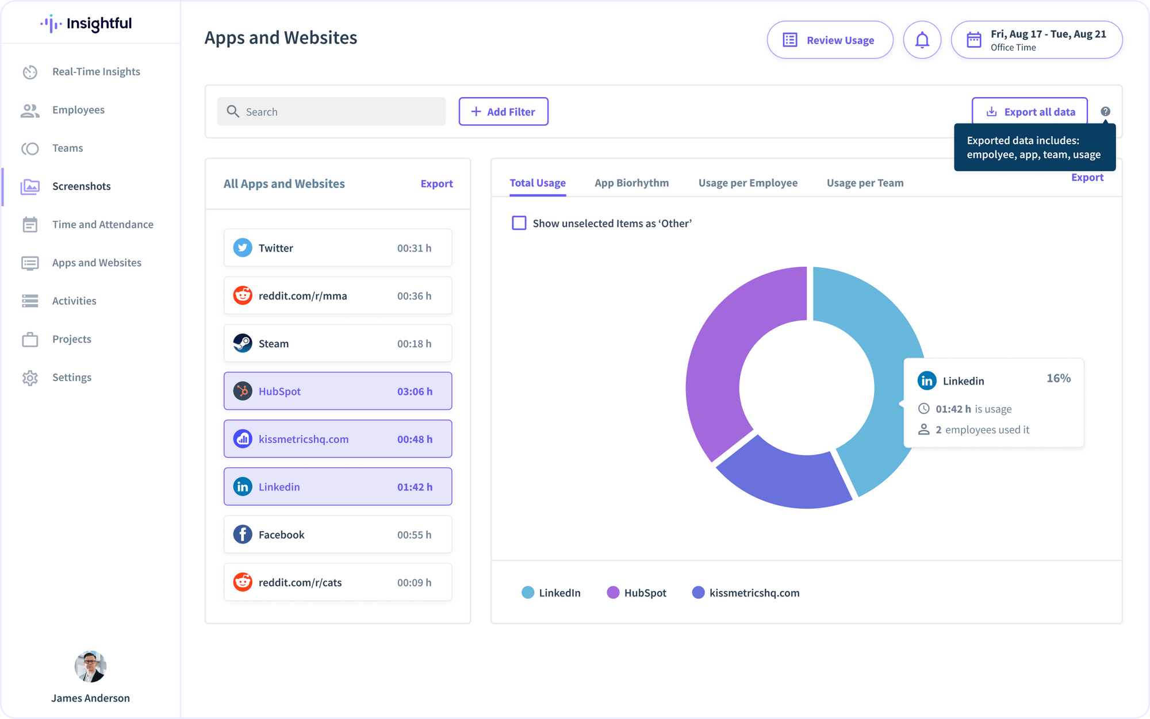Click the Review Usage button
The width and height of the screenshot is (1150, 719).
tap(830, 40)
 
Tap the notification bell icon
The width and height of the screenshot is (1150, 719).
tap(922, 40)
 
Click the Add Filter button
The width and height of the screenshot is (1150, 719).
tap(503, 111)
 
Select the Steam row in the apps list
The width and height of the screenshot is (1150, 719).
tap(338, 344)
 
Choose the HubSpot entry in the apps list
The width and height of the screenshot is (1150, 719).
tap(338, 391)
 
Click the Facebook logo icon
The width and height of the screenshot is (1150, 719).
tap(243, 535)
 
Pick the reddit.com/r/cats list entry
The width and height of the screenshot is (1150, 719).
tap(338, 582)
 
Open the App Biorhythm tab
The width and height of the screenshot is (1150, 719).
tap(631, 183)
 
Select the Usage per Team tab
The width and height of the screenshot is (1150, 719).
tap(865, 183)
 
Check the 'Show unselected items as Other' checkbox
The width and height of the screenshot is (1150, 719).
tap(519, 223)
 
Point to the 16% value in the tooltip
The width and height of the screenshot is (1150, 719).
tap(1058, 378)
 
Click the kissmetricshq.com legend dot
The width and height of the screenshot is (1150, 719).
tap(698, 593)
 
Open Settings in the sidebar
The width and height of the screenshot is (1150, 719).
tap(71, 378)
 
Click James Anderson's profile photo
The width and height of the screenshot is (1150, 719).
tap(90, 667)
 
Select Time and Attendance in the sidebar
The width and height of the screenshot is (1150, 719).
tap(102, 225)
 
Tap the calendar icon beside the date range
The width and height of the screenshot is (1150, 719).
tap(973, 40)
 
